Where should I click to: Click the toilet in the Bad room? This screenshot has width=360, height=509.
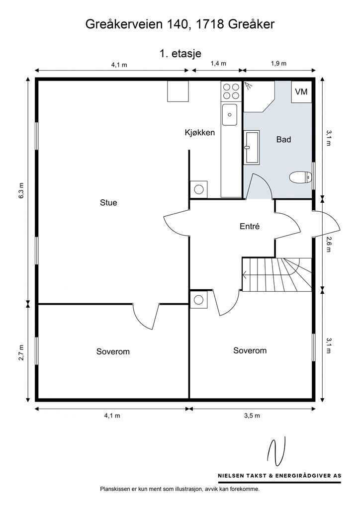[301, 177]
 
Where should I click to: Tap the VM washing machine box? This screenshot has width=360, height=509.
[301, 92]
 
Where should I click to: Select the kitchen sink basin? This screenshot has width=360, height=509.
[230, 114]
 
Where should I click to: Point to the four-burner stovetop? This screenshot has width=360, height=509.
[231, 91]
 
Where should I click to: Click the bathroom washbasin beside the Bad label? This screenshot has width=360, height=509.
[252, 147]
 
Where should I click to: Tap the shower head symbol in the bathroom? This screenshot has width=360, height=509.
[248, 85]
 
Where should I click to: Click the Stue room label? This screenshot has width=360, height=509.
[108, 203]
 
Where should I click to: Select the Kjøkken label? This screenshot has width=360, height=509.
[199, 132]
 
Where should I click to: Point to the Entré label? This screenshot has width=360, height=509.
[250, 226]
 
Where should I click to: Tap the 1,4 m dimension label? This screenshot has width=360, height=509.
[218, 63]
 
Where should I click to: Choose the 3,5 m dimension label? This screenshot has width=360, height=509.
[252, 416]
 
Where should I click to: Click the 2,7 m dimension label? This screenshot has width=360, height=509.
[21, 352]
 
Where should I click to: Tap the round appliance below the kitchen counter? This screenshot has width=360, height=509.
[198, 189]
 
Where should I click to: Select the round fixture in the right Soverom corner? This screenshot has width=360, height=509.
[198, 300]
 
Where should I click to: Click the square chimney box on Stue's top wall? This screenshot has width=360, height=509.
[178, 91]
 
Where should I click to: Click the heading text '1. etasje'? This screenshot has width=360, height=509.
[180, 54]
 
